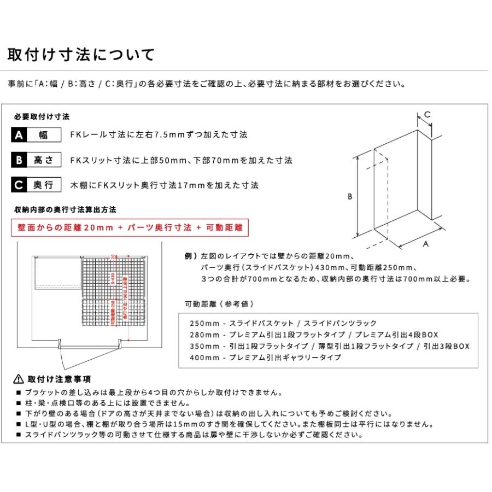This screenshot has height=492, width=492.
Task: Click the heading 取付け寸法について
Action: (x=81, y=55)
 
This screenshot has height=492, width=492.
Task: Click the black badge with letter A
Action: (x=19, y=134)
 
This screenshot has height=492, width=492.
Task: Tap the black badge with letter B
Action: (x=19, y=160)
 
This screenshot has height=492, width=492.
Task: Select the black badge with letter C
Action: (x=19, y=185)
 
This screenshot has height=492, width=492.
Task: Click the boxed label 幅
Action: (x=44, y=134)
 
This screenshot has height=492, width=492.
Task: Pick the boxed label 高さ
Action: (x=44, y=160)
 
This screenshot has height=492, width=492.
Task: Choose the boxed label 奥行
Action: (x=44, y=185)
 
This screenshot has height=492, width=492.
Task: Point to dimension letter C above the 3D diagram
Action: (x=427, y=114)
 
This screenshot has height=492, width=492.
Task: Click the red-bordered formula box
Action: (x=130, y=228)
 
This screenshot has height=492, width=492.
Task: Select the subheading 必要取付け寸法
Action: (x=42, y=117)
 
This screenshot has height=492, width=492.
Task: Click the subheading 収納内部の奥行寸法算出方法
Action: (x=65, y=209)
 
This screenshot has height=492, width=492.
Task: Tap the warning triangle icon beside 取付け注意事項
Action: (x=18, y=379)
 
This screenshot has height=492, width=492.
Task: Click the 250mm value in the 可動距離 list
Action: (x=203, y=323)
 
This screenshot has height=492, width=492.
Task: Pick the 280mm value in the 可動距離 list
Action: (x=203, y=335)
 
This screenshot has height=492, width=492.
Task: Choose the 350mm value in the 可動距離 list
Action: (x=203, y=346)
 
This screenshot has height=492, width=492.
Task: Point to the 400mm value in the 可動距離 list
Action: (x=203, y=358)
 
